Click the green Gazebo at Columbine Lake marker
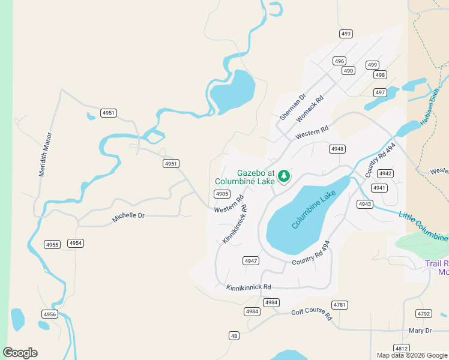click(284, 176)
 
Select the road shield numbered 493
click(346, 34)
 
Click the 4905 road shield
click(222, 193)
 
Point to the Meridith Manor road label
click(46, 154)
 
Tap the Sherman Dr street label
click(293, 106)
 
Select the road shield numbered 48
click(234, 335)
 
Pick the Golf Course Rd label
click(312, 314)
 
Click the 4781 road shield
click(340, 305)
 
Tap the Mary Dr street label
click(420, 331)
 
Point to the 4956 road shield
click(50, 314)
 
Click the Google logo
click(20, 353)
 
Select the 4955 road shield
click(52, 244)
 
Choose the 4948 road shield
click(337, 148)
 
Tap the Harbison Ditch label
click(430, 107)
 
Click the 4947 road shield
click(251, 260)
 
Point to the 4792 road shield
click(424, 313)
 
